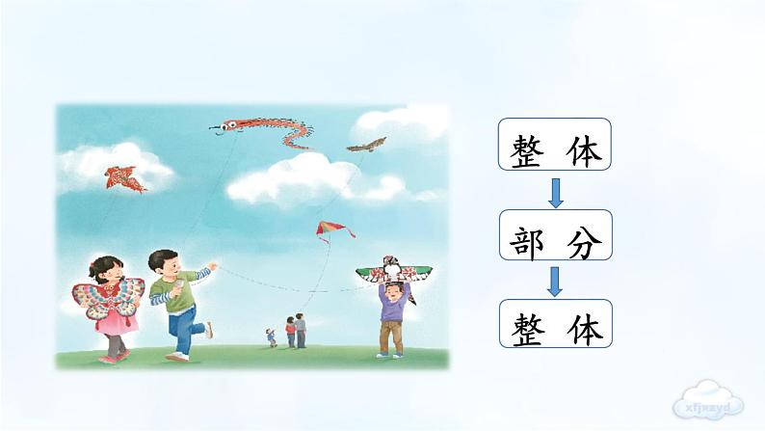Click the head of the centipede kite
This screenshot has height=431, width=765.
pos(228,124)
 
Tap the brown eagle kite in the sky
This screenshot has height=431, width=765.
pos(367,146)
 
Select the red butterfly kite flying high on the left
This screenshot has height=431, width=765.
pos(125,177)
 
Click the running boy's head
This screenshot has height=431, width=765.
pos(164,263)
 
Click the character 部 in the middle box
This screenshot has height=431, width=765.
pos(527,236)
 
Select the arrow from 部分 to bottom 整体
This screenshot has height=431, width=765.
pos(555,281)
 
